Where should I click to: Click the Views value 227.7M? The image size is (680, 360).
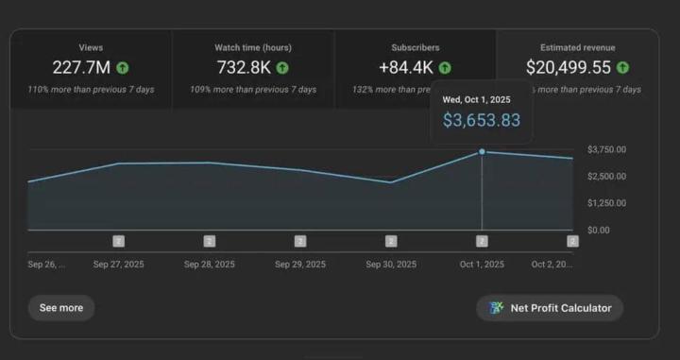click(83, 68)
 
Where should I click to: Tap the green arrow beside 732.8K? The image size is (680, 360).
click(282, 68)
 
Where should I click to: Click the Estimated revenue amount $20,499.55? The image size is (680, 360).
click(569, 68)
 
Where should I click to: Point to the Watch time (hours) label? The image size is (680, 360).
click(252, 46)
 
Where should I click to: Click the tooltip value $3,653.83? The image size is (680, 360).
click(482, 120)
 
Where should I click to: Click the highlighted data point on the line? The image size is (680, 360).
click(483, 151)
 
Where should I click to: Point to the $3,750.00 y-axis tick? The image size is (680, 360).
click(606, 150)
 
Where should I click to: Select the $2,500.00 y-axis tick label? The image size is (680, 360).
click(606, 177)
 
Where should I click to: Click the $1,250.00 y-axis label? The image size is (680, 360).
click(606, 203)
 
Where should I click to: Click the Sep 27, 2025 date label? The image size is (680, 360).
click(118, 265)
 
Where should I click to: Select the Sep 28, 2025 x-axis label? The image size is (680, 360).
click(210, 265)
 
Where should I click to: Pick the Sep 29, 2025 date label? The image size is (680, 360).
click(300, 265)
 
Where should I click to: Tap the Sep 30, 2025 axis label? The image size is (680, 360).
click(391, 265)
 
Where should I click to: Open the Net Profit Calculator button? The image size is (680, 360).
click(550, 308)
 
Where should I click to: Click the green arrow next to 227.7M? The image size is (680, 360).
click(123, 68)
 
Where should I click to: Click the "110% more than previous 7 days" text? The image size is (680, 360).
click(92, 90)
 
